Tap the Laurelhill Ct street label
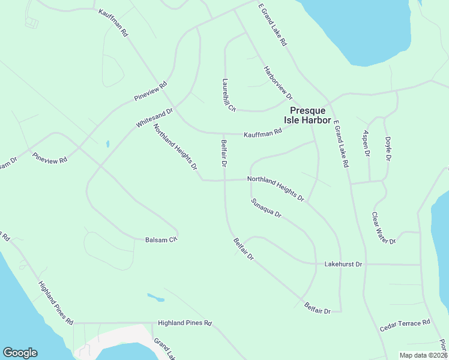[x=229, y=95]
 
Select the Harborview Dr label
[x=278, y=83]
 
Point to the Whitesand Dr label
[x=154, y=118]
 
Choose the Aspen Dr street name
[x=366, y=143]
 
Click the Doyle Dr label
[x=388, y=148]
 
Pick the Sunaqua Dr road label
[x=267, y=207]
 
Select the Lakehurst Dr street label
[x=343, y=263]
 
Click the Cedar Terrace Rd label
[x=405, y=326]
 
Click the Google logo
[x=20, y=353]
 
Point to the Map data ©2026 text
[x=423, y=355]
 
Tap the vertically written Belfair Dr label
[x=223, y=153]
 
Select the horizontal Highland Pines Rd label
[x=185, y=323]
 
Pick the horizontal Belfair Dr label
[x=318, y=308]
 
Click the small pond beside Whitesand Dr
[x=107, y=144]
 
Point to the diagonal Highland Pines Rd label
[x=55, y=302]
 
